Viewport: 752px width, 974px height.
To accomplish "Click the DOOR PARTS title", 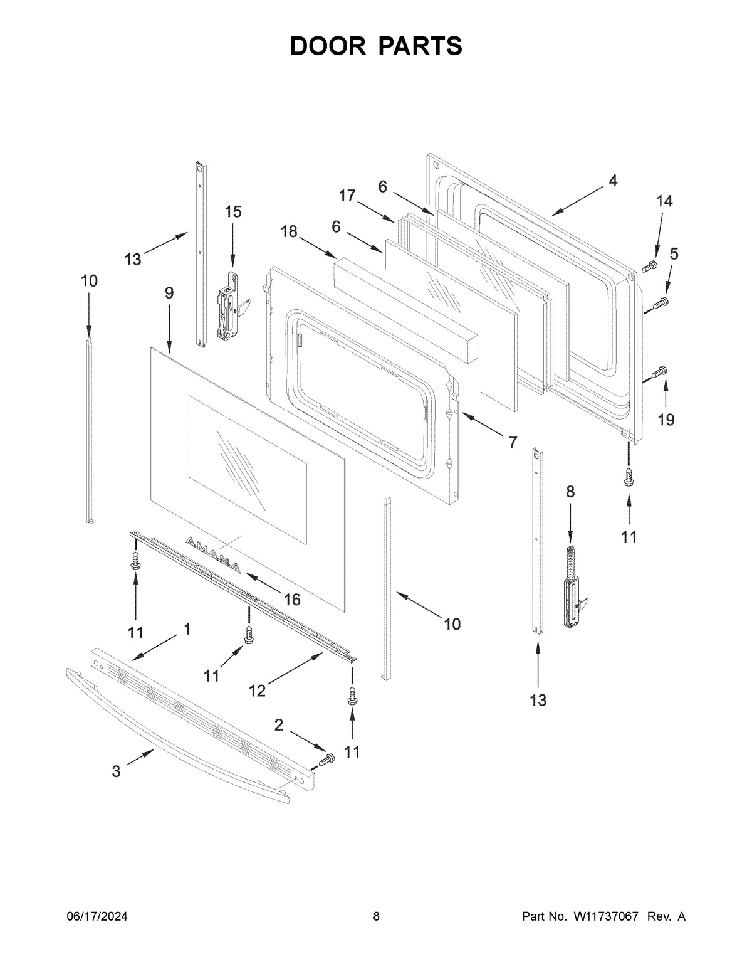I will point(376,46).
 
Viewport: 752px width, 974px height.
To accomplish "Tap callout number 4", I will point(612,181).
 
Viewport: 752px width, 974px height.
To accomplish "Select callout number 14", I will point(664,201).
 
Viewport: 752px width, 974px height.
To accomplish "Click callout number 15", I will point(232,212).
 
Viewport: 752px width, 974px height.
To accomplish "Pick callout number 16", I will point(292,600).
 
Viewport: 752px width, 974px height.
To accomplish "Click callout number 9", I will point(169,293).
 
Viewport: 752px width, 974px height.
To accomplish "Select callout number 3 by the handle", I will point(117,772).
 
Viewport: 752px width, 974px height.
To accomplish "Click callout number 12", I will point(257,691).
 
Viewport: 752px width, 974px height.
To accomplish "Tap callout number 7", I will point(513,442).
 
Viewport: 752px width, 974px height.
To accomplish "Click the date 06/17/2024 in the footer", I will point(97,917).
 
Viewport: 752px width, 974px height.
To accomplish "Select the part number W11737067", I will point(605,917).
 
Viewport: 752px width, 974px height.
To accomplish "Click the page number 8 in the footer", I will point(376,917).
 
